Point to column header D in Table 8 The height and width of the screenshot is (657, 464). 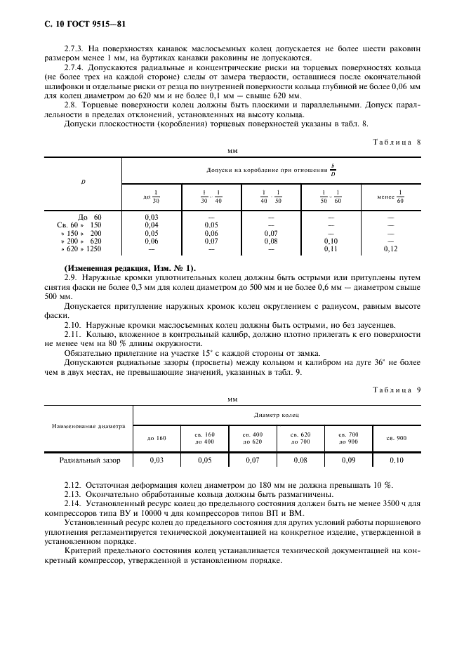[x=83, y=182]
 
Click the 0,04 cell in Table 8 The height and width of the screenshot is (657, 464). [x=151, y=225]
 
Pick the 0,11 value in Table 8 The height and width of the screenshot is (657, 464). [x=330, y=249]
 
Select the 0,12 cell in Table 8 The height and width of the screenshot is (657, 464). [x=390, y=249]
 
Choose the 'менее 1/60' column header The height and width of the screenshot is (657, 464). [x=390, y=197]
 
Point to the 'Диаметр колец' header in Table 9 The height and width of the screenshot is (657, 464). [x=276, y=416]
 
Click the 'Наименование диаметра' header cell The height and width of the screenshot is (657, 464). [x=88, y=426]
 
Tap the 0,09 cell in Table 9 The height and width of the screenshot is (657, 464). [x=348, y=460]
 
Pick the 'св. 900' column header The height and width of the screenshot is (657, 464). [x=396, y=438]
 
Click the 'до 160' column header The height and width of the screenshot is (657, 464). [x=157, y=438]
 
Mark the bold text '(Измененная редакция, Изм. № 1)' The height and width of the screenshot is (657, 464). [x=130, y=269]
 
